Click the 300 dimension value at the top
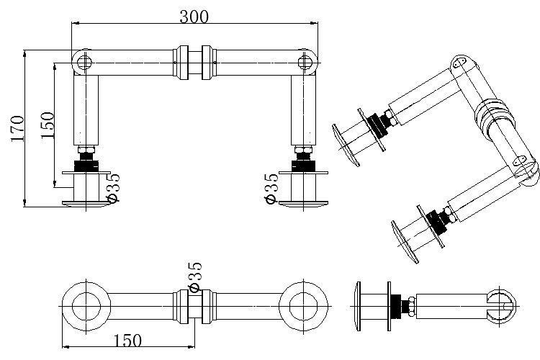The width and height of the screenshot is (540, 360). (x=194, y=17)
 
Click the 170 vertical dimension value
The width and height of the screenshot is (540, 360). (x=17, y=128)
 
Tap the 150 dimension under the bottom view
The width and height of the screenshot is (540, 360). (x=127, y=341)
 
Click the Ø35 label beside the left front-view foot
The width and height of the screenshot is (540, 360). (x=113, y=187)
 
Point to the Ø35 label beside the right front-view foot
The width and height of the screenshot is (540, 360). (x=271, y=188)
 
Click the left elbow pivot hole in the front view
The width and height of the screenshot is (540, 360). (x=84, y=63)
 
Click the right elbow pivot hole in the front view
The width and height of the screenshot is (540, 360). (x=304, y=63)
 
